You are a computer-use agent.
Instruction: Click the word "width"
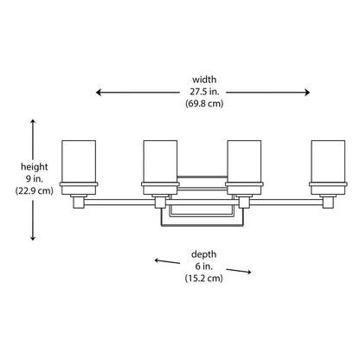point(204,80)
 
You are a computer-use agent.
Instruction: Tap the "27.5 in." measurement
point(204,92)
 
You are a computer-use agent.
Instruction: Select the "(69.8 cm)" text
point(204,103)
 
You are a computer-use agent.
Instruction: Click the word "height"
point(35,167)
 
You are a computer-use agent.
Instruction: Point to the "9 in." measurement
point(35,179)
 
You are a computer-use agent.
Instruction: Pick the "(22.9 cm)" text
point(35,190)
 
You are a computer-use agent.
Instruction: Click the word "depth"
point(203,254)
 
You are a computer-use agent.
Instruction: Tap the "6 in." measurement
point(203,267)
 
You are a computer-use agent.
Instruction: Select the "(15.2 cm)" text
point(203,278)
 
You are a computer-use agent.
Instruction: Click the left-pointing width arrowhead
point(99,93)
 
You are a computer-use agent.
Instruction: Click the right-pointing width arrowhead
point(306,93)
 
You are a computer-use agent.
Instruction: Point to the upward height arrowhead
point(33,122)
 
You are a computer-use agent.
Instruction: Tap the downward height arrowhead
point(33,237)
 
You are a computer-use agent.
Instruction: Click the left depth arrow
point(167,261)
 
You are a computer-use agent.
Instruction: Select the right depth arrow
point(239,271)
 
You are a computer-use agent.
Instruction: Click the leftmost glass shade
point(79,162)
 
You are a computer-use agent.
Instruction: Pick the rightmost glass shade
point(328,162)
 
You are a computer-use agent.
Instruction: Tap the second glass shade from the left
point(160,162)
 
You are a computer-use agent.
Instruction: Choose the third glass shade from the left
point(244,162)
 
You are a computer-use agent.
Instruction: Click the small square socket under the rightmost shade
point(328,202)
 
